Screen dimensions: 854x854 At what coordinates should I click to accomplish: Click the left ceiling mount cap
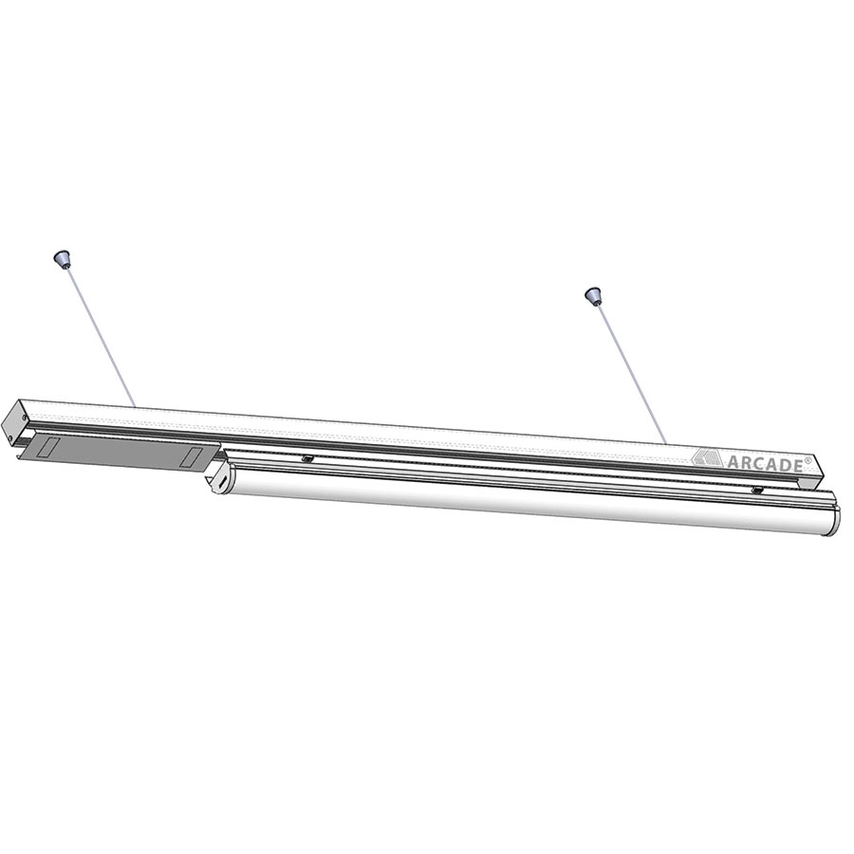point(61,258)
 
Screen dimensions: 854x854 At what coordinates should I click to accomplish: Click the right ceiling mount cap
point(592,295)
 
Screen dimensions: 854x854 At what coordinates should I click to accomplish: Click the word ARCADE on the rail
point(764,463)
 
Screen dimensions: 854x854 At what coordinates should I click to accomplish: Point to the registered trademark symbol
point(807,458)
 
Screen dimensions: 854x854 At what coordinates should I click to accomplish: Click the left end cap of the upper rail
point(12,420)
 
